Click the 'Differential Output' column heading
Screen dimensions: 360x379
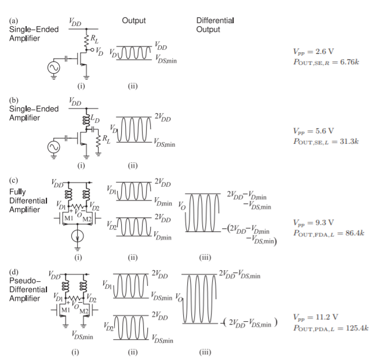coord(216,25)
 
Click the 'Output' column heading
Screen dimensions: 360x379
coord(134,21)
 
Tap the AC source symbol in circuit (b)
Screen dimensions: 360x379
coord(56,144)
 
